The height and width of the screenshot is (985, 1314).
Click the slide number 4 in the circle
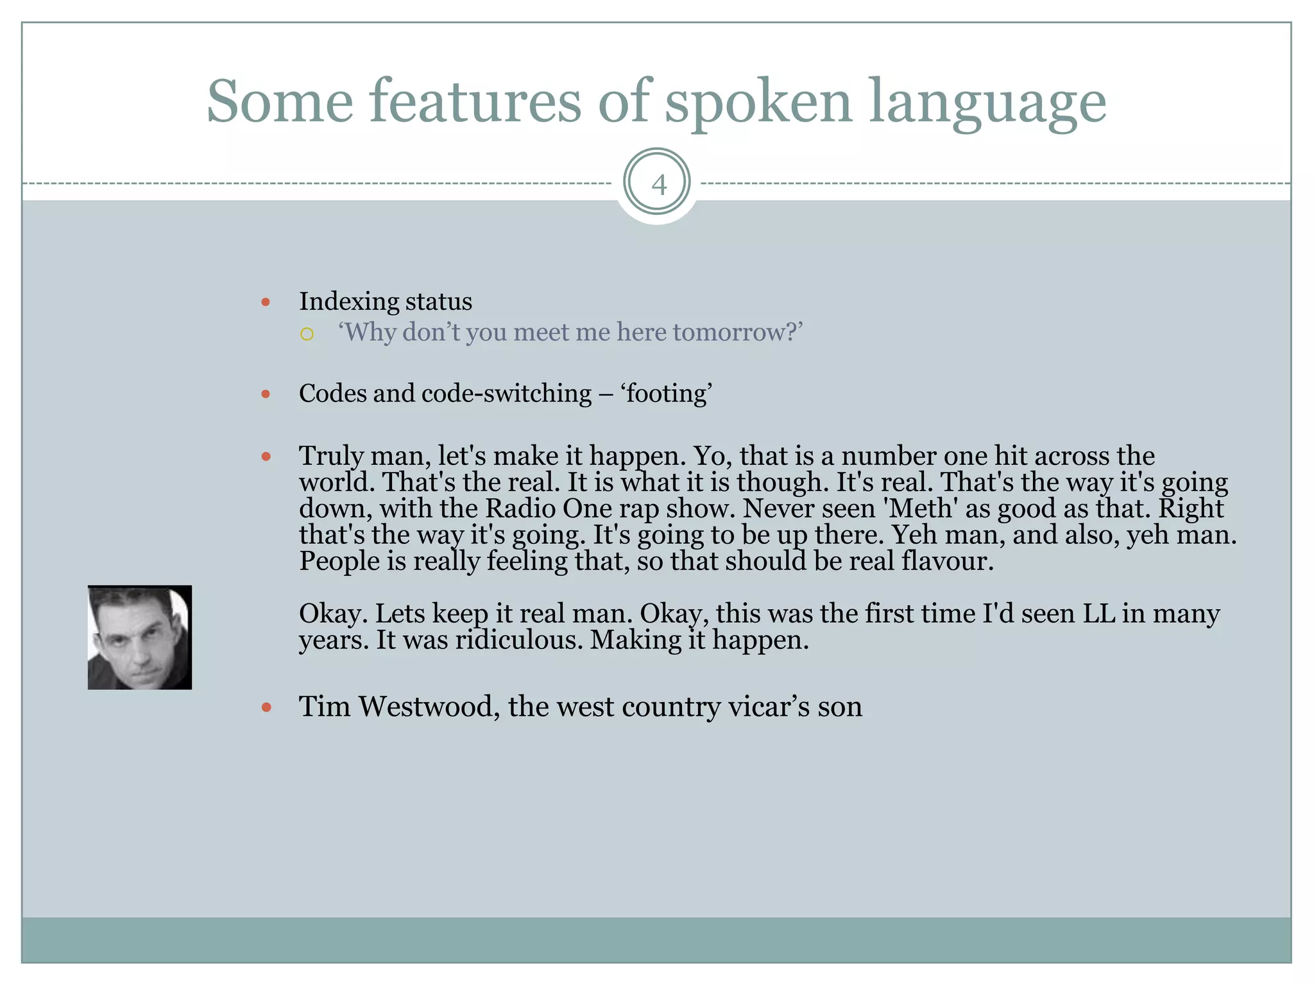click(658, 185)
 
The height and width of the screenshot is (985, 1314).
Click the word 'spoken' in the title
click(758, 103)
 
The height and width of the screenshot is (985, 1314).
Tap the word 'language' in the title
click(987, 103)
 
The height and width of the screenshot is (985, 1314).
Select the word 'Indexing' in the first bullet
click(350, 301)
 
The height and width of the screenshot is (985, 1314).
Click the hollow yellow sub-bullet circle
click(307, 333)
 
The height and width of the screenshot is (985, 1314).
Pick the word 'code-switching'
click(506, 393)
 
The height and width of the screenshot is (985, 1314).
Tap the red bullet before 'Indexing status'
click(266, 302)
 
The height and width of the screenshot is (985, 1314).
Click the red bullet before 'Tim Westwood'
click(266, 707)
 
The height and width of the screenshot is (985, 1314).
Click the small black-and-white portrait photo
click(140, 637)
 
